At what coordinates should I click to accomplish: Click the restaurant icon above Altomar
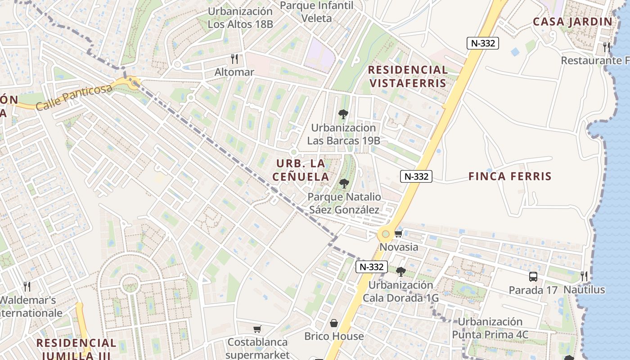(234, 59)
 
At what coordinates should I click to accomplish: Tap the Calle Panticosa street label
(74, 97)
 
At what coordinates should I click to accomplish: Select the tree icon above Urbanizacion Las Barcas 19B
(343, 114)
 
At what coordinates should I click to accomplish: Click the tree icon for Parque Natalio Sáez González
(344, 184)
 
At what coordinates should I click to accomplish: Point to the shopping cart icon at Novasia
(398, 234)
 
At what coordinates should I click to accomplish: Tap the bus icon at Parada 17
(533, 276)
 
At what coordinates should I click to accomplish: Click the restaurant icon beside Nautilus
(584, 276)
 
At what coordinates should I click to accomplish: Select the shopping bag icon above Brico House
(334, 323)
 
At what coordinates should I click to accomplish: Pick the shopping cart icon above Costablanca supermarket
(257, 329)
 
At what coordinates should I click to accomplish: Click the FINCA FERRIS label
(510, 176)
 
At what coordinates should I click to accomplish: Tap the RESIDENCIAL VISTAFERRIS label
(408, 76)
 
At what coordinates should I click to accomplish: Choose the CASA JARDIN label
(572, 22)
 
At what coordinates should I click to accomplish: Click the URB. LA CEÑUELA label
(301, 170)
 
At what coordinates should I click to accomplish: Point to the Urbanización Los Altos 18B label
(240, 18)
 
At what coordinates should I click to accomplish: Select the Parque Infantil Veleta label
(316, 12)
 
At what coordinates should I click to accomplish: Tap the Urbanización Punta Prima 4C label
(490, 328)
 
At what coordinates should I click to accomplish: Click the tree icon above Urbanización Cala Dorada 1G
(400, 272)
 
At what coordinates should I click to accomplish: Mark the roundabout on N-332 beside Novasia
(386, 234)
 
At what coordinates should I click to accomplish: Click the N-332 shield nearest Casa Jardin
(482, 43)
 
